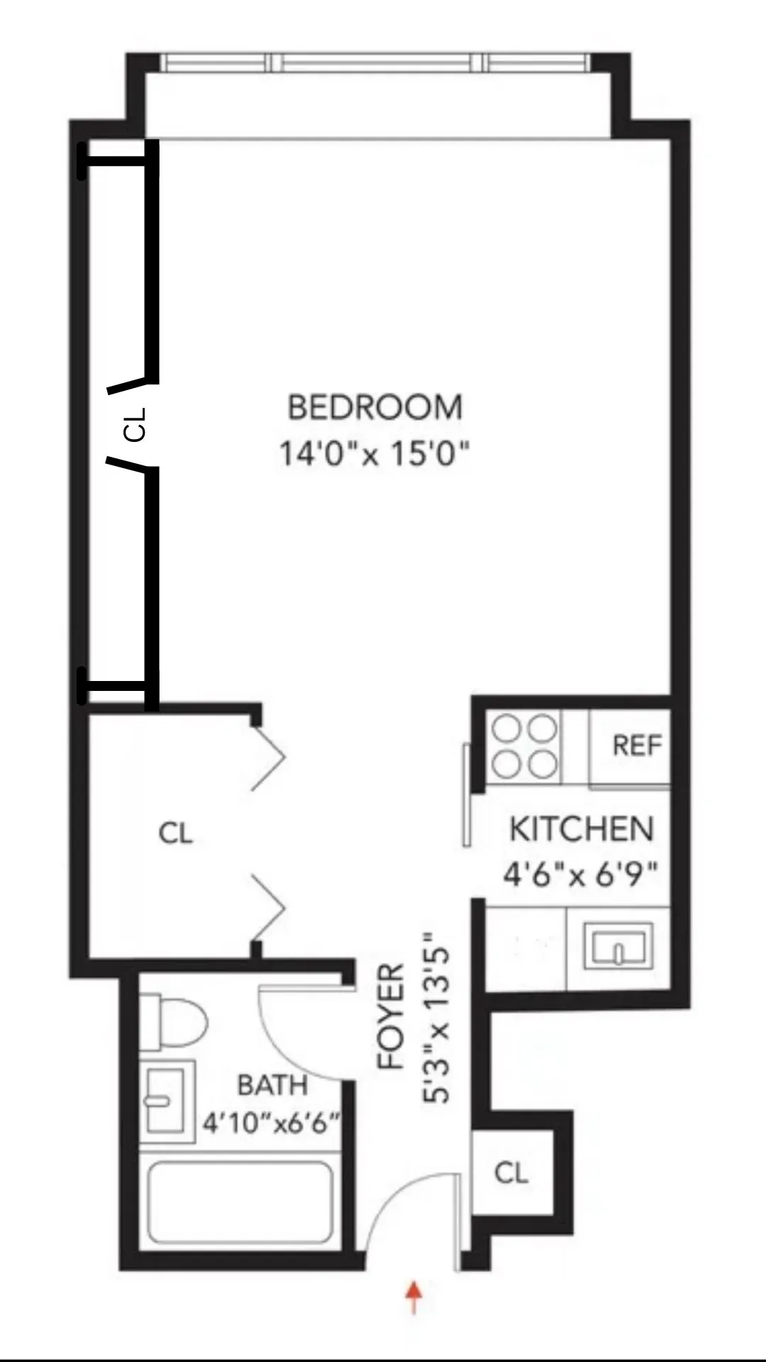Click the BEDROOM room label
[374, 407]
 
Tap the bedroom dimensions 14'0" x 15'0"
[374, 452]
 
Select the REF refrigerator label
[636, 746]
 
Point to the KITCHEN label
[582, 829]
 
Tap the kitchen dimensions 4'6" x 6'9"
[582, 874]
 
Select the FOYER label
[391, 1016]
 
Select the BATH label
[272, 1085]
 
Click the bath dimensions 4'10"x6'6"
[272, 1123]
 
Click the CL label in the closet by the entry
[511, 1173]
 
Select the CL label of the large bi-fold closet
[175, 833]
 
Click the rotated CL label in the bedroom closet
[134, 424]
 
